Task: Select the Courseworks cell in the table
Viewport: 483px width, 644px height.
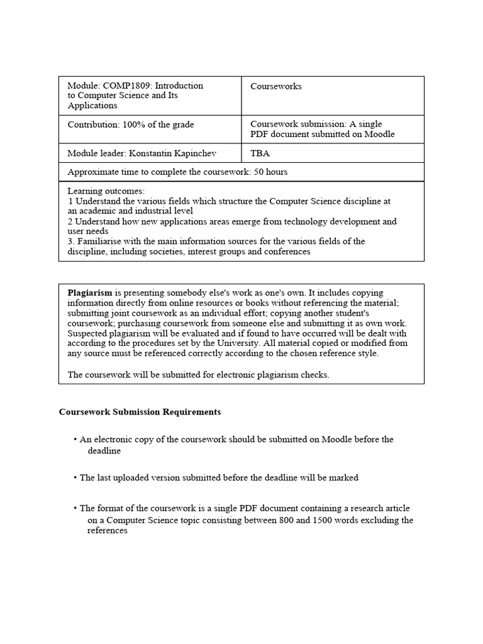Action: (275, 87)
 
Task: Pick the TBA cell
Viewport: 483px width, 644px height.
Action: (260, 153)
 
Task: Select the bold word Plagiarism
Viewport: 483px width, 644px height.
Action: (90, 293)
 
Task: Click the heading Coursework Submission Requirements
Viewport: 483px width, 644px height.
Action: (140, 412)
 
